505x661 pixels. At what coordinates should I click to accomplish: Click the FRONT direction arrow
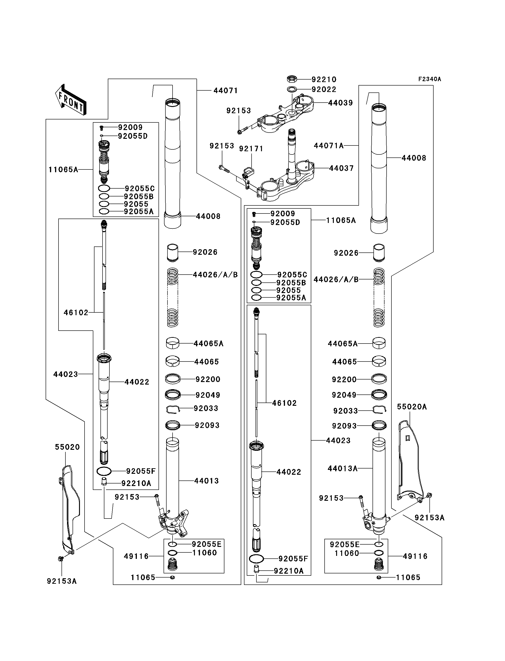[x=71, y=100]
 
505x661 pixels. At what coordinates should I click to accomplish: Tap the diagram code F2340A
[x=430, y=79]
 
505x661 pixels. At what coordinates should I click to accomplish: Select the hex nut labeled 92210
[x=292, y=79]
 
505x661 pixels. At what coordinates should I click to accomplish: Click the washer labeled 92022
[x=292, y=89]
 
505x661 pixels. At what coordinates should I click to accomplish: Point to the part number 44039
[x=340, y=103]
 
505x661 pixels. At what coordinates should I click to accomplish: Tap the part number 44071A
[x=329, y=146]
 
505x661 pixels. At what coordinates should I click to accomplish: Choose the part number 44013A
[x=343, y=468]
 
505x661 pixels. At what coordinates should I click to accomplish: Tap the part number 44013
[x=206, y=481]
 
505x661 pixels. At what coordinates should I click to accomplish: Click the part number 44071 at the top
[x=226, y=91]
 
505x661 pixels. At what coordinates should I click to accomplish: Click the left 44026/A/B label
[x=215, y=275]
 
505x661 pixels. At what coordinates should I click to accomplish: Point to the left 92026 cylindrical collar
[x=173, y=253]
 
